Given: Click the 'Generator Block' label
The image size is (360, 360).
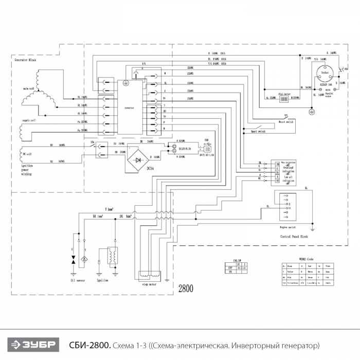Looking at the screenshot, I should pos(26,60).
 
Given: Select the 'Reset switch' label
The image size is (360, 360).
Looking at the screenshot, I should pos(286,122).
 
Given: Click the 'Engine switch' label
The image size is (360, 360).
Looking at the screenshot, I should pos(287,226).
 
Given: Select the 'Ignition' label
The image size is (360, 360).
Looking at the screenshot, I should pos(102,280).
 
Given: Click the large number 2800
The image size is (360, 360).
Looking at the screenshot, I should pos(186,289).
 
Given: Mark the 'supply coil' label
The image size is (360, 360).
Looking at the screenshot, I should pos(29,121).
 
